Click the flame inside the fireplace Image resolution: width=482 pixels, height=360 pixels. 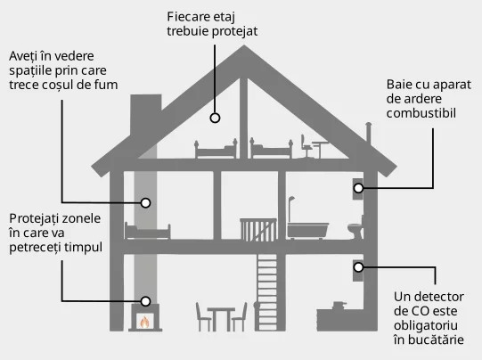click(x=144, y=323)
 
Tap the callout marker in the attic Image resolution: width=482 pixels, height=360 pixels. click(x=215, y=118)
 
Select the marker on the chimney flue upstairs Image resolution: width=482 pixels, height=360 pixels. click(x=145, y=203)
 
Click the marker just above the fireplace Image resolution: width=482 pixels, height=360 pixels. click(x=145, y=301)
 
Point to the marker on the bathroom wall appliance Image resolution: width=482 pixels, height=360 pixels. click(x=358, y=188)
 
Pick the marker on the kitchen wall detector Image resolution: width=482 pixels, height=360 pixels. click(x=358, y=267)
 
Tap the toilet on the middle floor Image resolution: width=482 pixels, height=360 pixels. click(x=356, y=229)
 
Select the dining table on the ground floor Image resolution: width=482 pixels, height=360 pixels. click(x=221, y=318)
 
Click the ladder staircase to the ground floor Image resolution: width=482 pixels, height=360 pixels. click(x=266, y=292)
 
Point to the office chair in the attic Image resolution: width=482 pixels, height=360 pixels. click(x=306, y=146)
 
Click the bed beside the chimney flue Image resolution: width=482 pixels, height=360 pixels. click(x=147, y=231)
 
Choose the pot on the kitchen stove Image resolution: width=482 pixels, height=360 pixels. click(x=339, y=306)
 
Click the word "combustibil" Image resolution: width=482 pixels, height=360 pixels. click(x=421, y=113)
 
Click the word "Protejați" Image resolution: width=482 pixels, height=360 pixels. click(x=34, y=218)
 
